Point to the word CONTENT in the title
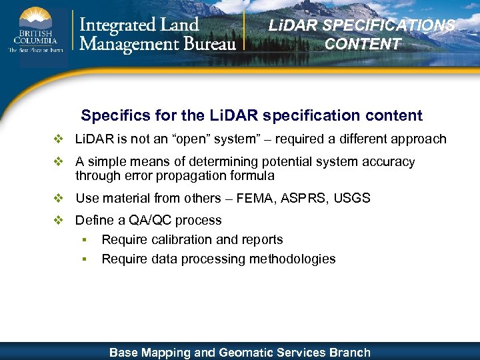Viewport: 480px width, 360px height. pos(363,44)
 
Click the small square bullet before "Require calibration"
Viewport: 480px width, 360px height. pos(85,240)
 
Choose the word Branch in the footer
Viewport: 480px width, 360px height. pos(349,352)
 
